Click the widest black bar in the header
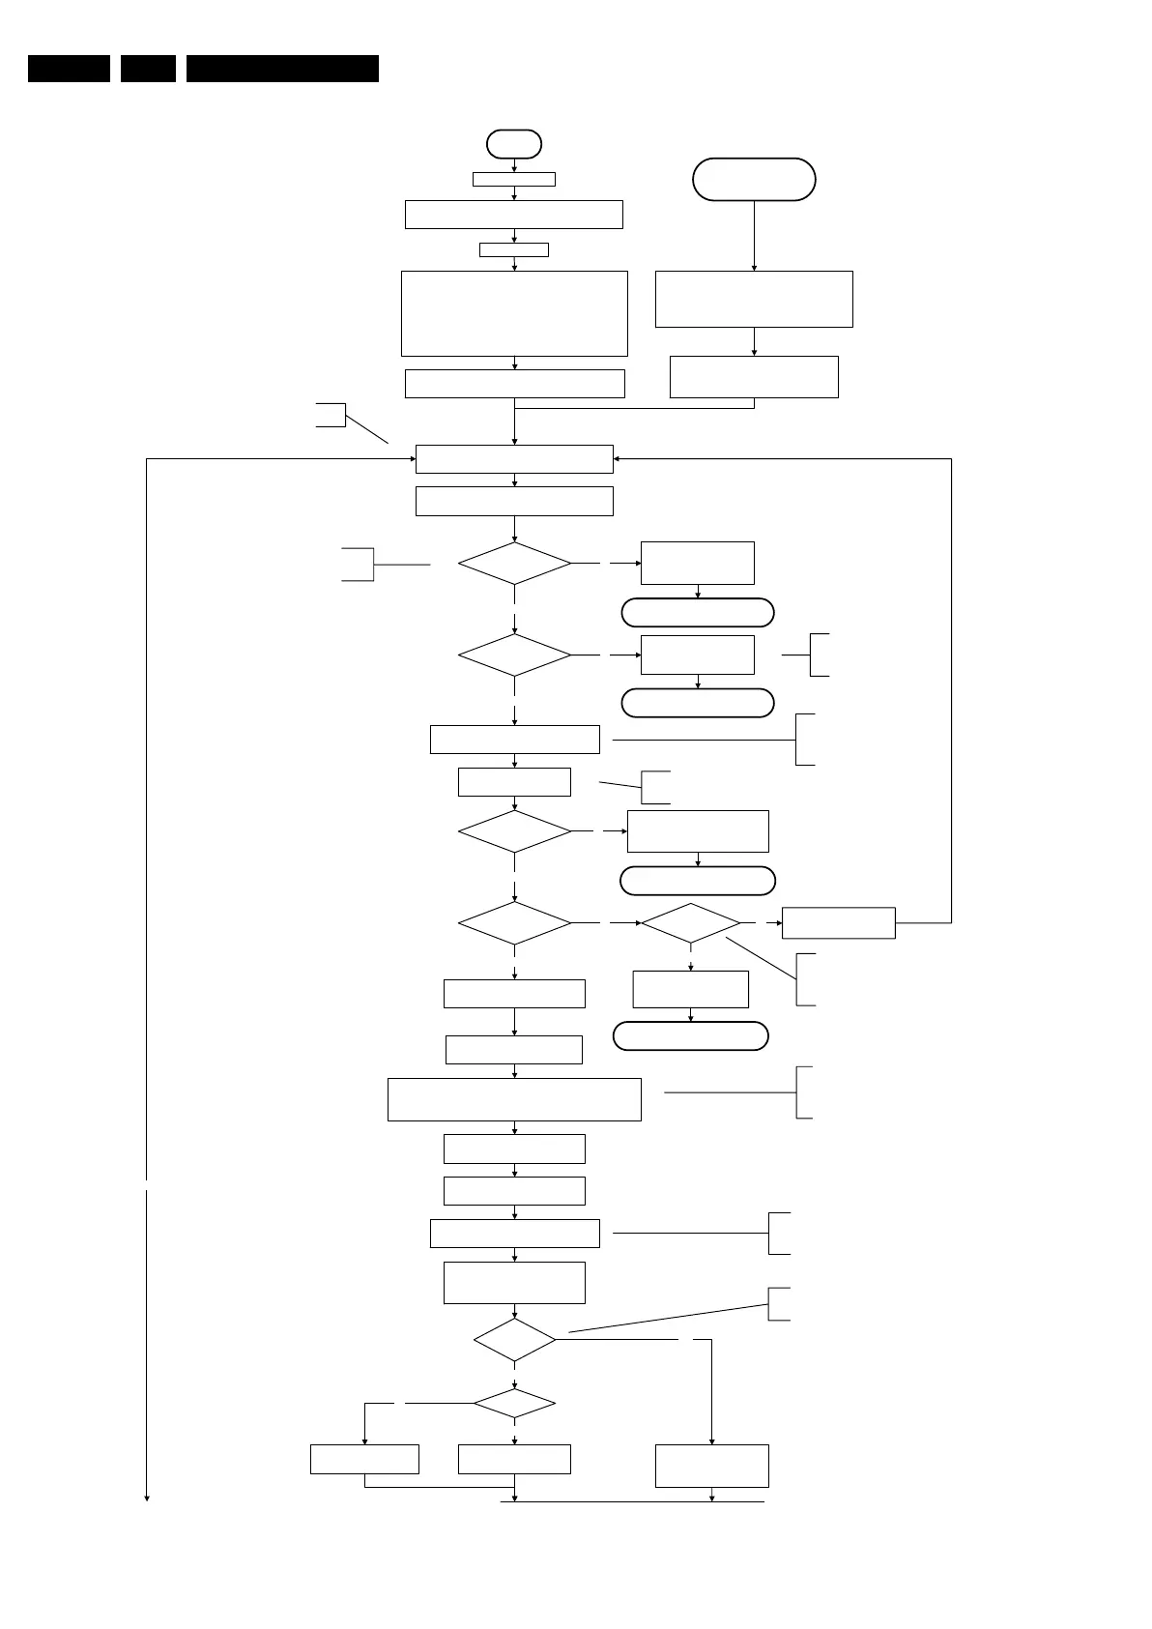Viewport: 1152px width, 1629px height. pyautogui.click(x=282, y=69)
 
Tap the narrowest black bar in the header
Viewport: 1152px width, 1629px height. pyautogui.click(x=148, y=69)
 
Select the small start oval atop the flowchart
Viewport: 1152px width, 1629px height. pyautogui.click(x=514, y=144)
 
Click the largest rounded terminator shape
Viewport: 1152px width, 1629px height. pyautogui.click(x=754, y=180)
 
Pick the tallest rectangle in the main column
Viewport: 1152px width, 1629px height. pyautogui.click(x=514, y=313)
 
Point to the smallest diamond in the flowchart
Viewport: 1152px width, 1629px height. pyautogui.click(x=514, y=1403)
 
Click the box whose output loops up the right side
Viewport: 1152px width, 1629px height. pyautogui.click(x=838, y=922)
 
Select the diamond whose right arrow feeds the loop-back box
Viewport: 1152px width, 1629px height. pyautogui.click(x=690, y=923)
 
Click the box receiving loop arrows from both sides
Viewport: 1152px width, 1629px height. pyautogui.click(x=514, y=459)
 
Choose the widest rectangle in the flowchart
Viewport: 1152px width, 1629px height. pyautogui.click(x=514, y=1099)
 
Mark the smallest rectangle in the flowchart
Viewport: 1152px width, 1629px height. pyautogui.click(x=514, y=249)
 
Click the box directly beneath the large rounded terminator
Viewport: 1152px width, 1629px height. pyautogui.click(x=754, y=300)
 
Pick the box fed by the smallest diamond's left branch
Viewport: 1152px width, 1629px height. pyautogui.click(x=364, y=1459)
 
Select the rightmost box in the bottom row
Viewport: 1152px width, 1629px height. pyautogui.click(x=712, y=1466)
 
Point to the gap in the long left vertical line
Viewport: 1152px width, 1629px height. pyautogui.click(x=147, y=1185)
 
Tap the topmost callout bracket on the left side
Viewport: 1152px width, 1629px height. pyautogui.click(x=331, y=415)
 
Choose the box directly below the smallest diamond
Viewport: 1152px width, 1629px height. pyautogui.click(x=514, y=1459)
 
